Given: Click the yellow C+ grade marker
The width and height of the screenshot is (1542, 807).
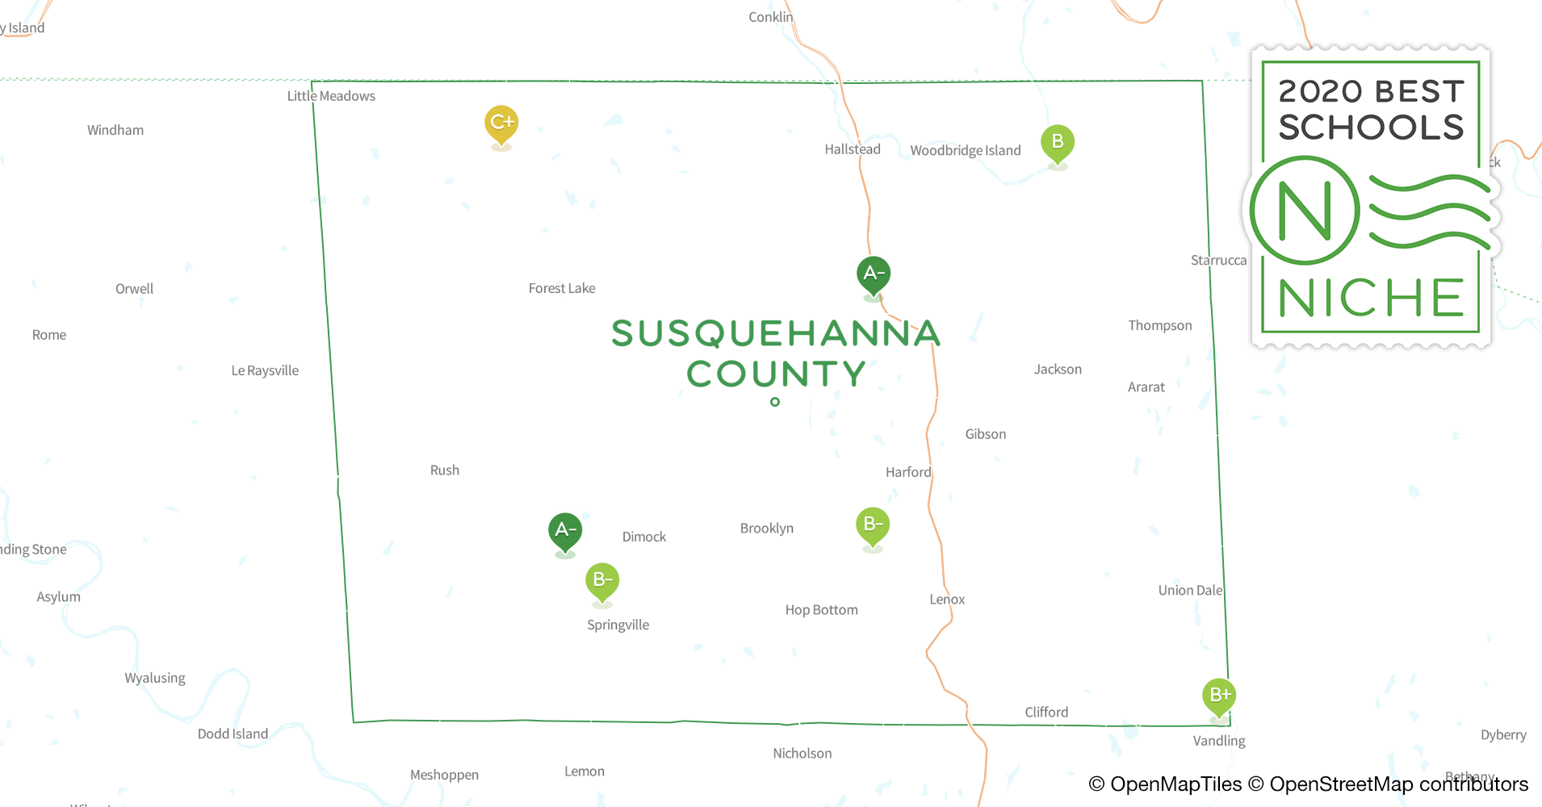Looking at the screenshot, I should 501,123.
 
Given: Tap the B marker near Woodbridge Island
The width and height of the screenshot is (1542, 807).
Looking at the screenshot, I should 1057,143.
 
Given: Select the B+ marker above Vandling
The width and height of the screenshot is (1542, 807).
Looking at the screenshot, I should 1219,696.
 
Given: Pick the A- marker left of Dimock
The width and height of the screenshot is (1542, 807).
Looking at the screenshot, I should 565,531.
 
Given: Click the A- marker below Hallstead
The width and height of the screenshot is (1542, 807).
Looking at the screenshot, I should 873,274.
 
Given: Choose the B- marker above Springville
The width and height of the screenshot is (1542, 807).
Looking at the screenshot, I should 602,580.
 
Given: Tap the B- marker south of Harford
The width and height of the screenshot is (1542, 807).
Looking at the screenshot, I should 873,525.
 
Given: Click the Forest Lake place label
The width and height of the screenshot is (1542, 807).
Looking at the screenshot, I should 562,288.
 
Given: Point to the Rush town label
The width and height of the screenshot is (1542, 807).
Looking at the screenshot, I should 445,470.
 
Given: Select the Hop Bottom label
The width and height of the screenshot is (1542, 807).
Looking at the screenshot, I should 821,610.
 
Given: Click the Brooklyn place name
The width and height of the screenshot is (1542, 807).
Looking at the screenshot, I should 767,529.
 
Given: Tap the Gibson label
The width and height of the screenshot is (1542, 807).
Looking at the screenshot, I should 986,434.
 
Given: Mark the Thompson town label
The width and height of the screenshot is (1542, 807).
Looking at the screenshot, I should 1159,325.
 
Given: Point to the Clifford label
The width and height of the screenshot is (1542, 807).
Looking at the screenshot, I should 1046,712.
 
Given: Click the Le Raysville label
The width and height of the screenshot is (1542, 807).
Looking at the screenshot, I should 265,370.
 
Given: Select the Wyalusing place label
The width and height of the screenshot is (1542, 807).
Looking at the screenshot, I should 155,678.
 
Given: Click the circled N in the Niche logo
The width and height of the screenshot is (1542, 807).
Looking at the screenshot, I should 1305,211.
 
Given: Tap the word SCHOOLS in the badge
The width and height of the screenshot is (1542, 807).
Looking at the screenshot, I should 1371,128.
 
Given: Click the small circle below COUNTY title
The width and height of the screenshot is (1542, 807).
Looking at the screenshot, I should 775,402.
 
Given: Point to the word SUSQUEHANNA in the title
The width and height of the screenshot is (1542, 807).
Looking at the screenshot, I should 776,333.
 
